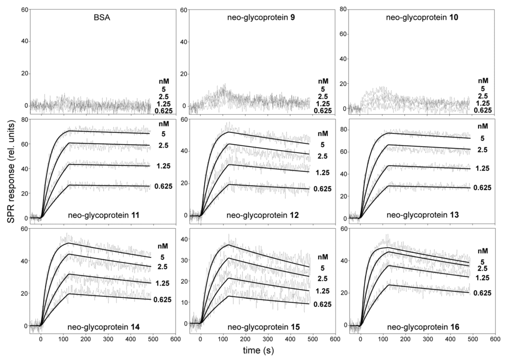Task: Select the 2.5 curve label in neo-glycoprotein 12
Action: [323, 157]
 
